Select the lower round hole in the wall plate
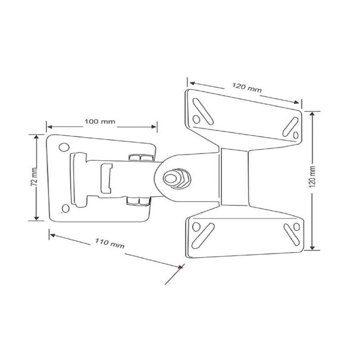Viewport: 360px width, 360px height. (x=66, y=208)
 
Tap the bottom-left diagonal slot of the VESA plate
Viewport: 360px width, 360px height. (x=201, y=234)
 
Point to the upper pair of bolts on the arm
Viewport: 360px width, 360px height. (x=140, y=158)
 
